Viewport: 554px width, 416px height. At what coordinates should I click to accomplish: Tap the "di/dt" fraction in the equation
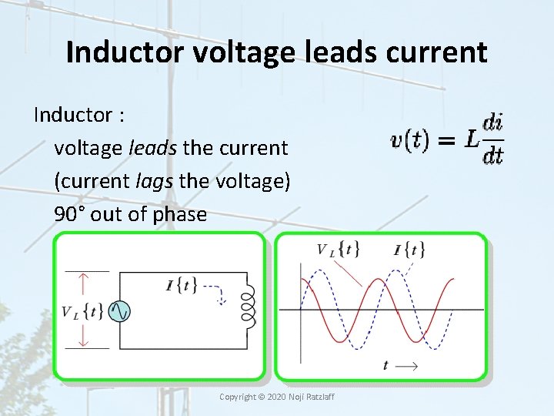[x=492, y=139]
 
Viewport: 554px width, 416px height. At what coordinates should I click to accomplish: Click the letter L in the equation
[x=472, y=139]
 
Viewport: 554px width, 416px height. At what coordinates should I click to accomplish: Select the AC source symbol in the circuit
[x=119, y=310]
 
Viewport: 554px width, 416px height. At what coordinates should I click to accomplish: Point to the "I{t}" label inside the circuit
[x=182, y=285]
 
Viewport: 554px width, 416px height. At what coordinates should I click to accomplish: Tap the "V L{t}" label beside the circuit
[x=82, y=311]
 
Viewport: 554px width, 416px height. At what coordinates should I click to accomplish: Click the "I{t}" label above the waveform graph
[x=409, y=249]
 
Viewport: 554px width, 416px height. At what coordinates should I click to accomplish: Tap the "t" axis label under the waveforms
[x=385, y=366]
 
